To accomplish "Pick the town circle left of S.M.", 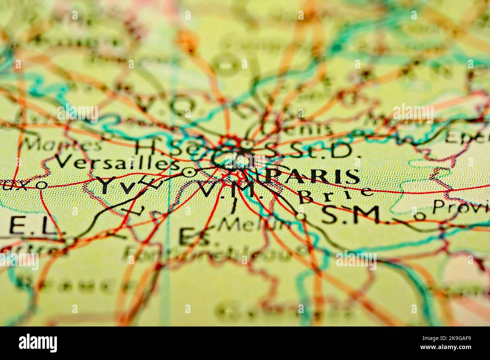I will pyautogui.click(x=300, y=217).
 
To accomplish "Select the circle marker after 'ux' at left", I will pyautogui.click(x=42, y=185).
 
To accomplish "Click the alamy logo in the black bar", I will pyautogui.click(x=38, y=343).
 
